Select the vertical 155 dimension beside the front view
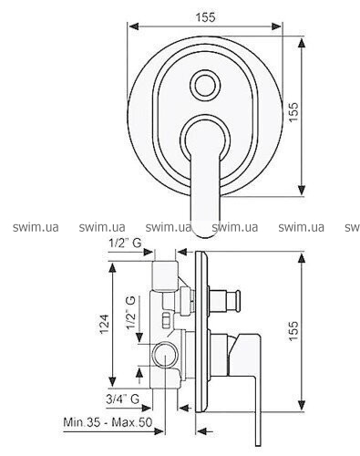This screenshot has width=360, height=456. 293,112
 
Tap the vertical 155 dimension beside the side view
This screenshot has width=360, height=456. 293,331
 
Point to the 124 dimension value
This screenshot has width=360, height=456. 104,324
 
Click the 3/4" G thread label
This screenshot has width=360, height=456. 123,399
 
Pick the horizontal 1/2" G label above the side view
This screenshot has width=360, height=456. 125,243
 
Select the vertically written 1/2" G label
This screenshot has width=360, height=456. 131,313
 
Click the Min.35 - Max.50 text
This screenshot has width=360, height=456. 108,422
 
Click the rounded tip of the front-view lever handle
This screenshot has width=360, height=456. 204,230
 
